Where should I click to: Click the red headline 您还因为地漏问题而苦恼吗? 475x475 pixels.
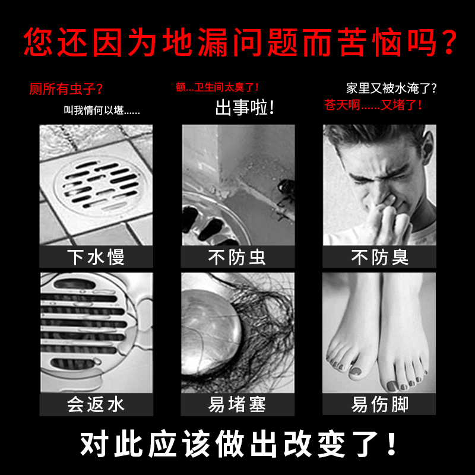tap(240, 42)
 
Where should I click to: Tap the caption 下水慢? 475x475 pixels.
tap(96, 257)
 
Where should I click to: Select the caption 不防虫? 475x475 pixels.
tap(237, 257)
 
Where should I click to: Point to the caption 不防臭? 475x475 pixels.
tap(379, 257)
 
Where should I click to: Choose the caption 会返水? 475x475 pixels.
tap(96, 404)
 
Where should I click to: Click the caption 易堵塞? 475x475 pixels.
tap(237, 404)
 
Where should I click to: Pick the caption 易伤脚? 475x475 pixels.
tap(379, 404)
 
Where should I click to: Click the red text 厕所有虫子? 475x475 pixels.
tap(66, 89)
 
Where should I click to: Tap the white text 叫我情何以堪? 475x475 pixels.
tap(102, 110)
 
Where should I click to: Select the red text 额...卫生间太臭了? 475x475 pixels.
tap(217, 87)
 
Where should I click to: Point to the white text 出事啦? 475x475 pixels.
tap(245, 108)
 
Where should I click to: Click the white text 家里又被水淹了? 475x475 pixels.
tap(391, 88)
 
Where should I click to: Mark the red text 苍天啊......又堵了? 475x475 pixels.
tap(373, 105)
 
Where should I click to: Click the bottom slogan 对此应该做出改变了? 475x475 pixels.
tap(238, 444)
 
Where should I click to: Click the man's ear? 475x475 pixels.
tap(427, 144)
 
